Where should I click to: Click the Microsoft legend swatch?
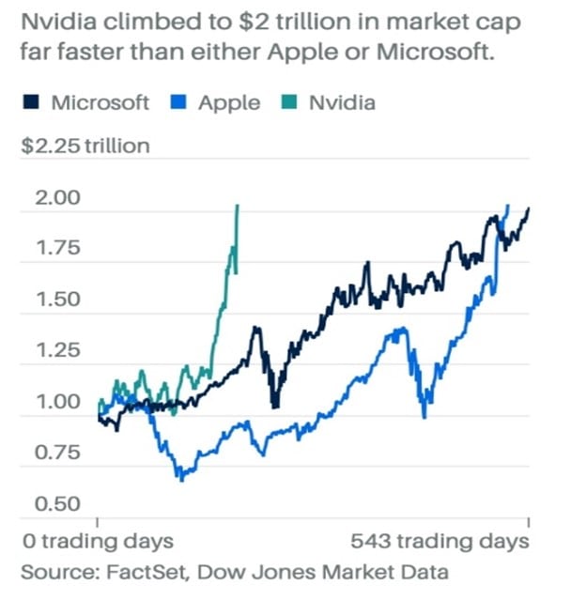tap(30, 103)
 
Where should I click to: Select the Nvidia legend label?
tap(341, 103)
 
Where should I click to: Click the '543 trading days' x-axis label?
tap(440, 542)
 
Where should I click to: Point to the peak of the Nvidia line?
tap(238, 206)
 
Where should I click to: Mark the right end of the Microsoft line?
tap(528, 208)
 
